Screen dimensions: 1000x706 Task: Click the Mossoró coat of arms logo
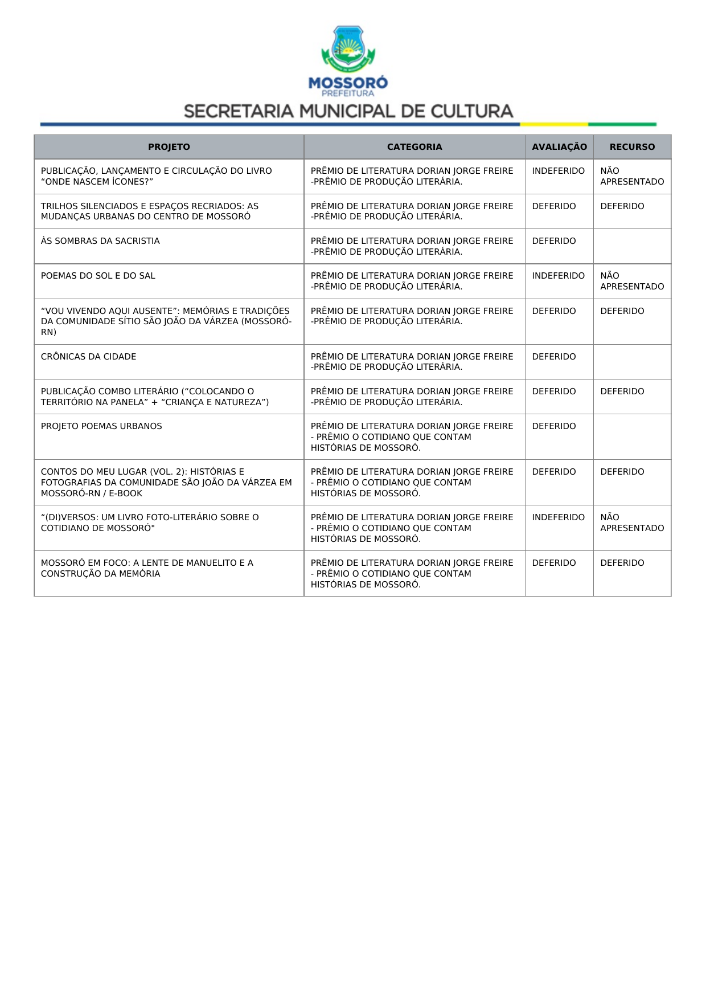pos(348,48)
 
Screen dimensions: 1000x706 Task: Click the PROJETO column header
pos(169,147)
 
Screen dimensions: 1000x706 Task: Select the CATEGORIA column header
pos(414,147)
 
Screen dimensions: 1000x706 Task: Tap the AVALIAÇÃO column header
pos(559,147)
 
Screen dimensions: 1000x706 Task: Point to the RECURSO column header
pos(632,147)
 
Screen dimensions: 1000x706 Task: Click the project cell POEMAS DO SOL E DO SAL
pos(98,276)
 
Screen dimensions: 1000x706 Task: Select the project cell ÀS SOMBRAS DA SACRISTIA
pos(100,241)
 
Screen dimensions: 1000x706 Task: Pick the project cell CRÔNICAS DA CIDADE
pos(89,357)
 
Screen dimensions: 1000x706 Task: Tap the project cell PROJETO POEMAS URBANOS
pos(101,426)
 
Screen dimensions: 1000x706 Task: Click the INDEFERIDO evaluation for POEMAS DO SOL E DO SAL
pos(558,276)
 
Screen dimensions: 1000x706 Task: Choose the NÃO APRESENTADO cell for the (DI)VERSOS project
pos(632,523)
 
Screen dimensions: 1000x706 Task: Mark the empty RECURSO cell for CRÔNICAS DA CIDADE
pos(632,362)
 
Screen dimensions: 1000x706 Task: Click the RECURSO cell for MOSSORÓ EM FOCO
pos(622,563)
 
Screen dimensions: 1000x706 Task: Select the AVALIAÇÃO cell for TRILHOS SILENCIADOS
pos(554,206)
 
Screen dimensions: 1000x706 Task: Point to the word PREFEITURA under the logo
pos(348,93)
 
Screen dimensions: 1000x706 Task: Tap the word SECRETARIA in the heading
pos(239,111)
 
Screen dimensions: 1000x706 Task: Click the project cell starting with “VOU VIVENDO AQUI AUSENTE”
pos(166,321)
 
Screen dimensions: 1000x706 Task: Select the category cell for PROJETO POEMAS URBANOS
pos(412,436)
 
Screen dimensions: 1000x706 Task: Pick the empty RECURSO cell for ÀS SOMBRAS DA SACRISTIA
pos(632,246)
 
